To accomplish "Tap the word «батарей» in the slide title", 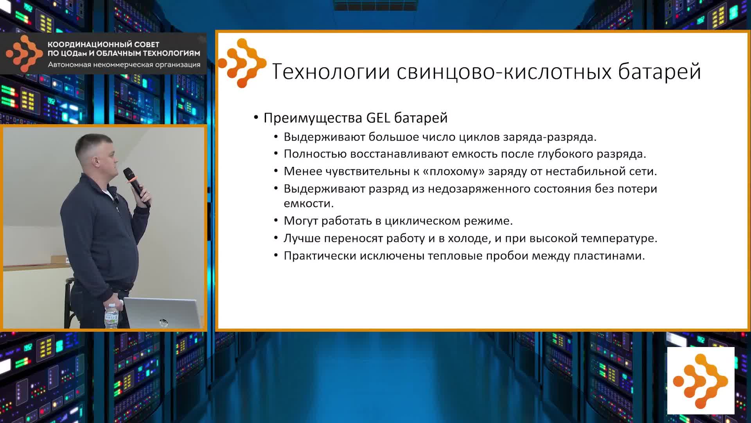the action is click(x=659, y=72).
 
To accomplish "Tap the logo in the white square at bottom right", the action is click(x=701, y=380).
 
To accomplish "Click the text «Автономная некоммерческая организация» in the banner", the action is click(x=124, y=65).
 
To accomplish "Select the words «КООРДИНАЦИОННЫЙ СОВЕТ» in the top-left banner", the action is click(x=103, y=45).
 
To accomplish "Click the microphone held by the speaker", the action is click(x=137, y=187).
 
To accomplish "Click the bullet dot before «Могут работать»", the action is click(x=276, y=221).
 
